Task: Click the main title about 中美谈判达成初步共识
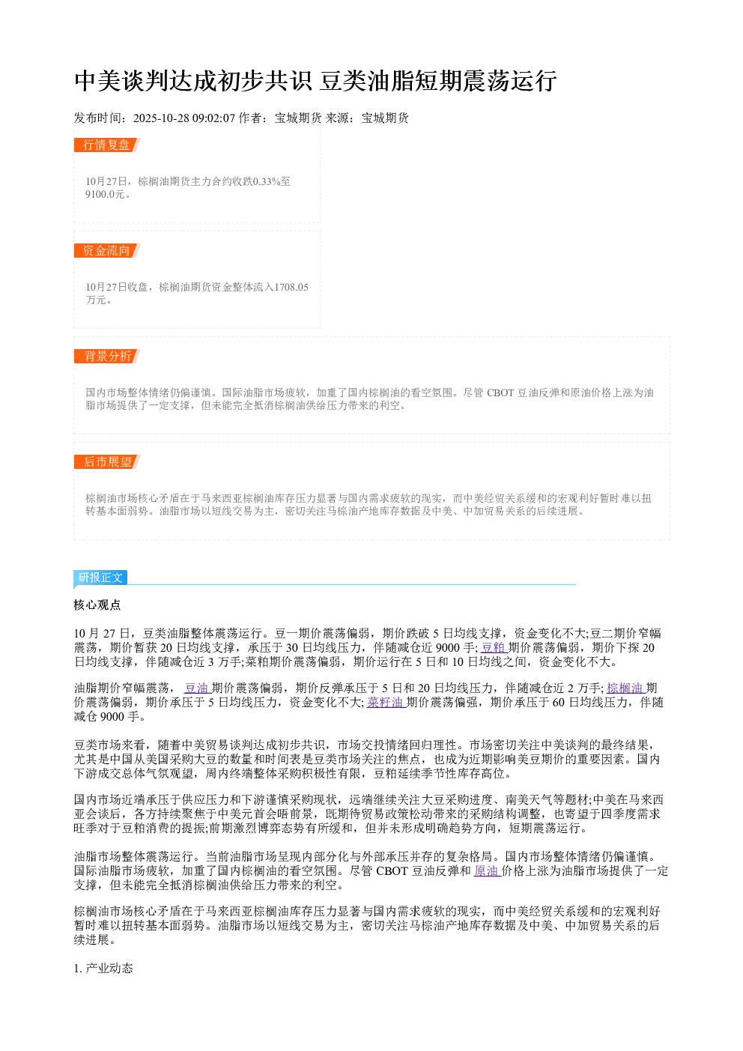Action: point(315,81)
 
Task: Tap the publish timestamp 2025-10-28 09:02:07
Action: point(184,118)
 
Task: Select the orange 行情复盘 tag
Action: point(106,145)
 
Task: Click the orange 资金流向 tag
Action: point(106,250)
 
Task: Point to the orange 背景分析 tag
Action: point(106,356)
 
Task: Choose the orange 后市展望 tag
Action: point(106,461)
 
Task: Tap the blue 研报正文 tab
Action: point(100,577)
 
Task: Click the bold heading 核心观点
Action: point(97,605)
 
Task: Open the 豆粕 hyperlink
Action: point(494,647)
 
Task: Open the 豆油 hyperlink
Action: point(197,688)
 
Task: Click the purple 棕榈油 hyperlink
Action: point(625,688)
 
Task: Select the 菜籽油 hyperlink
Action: point(386,702)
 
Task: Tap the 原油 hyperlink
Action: point(487,870)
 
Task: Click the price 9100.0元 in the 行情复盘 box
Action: point(105,194)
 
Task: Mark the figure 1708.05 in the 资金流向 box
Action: point(291,287)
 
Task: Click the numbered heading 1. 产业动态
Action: point(103,969)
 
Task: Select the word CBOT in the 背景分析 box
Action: point(500,393)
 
